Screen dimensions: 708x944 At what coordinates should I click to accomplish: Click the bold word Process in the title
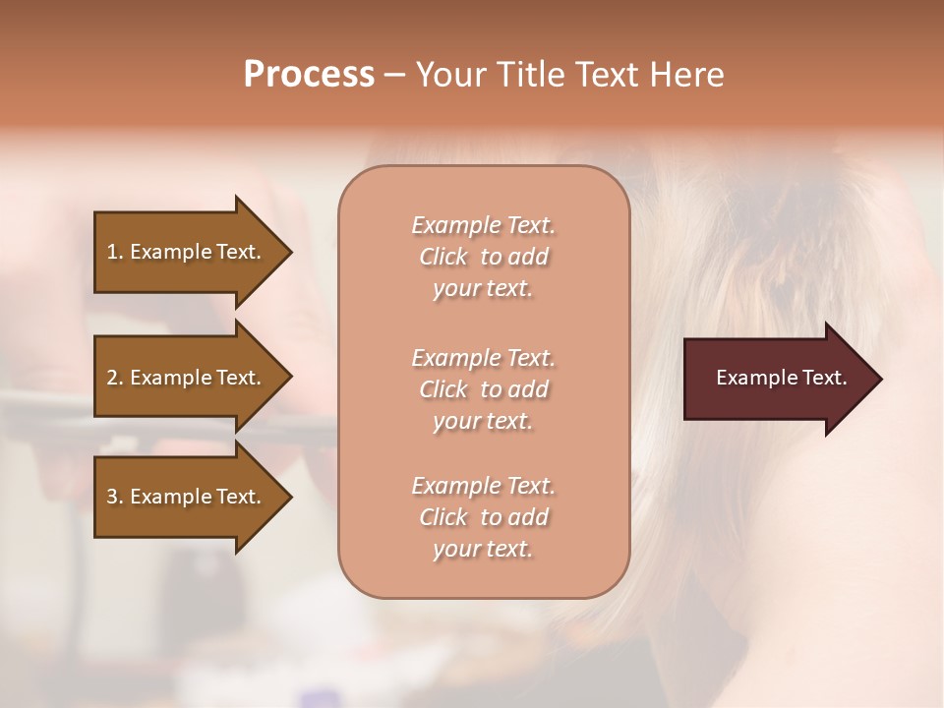coord(309,75)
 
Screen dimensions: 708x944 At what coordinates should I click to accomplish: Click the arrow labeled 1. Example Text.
coord(187,252)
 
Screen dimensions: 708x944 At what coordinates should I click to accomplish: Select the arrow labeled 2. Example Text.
coord(187,378)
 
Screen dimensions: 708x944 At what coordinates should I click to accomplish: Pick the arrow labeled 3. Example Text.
coord(187,497)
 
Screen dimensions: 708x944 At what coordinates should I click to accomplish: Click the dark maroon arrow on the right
coord(777,379)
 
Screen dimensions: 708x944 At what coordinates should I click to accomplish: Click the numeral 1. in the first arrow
coord(115,252)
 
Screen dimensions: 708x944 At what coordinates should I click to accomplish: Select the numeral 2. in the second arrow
coord(115,378)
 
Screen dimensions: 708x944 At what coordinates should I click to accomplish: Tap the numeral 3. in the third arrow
coord(115,497)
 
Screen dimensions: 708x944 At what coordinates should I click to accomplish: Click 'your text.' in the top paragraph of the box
coord(483,289)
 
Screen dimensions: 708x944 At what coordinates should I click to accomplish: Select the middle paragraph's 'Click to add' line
coord(483,389)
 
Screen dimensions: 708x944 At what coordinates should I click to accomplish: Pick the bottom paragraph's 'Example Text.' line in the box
coord(483,486)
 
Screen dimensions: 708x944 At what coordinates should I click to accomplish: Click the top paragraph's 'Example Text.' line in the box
coord(483,225)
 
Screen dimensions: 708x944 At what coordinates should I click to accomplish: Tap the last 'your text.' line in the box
coord(483,550)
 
